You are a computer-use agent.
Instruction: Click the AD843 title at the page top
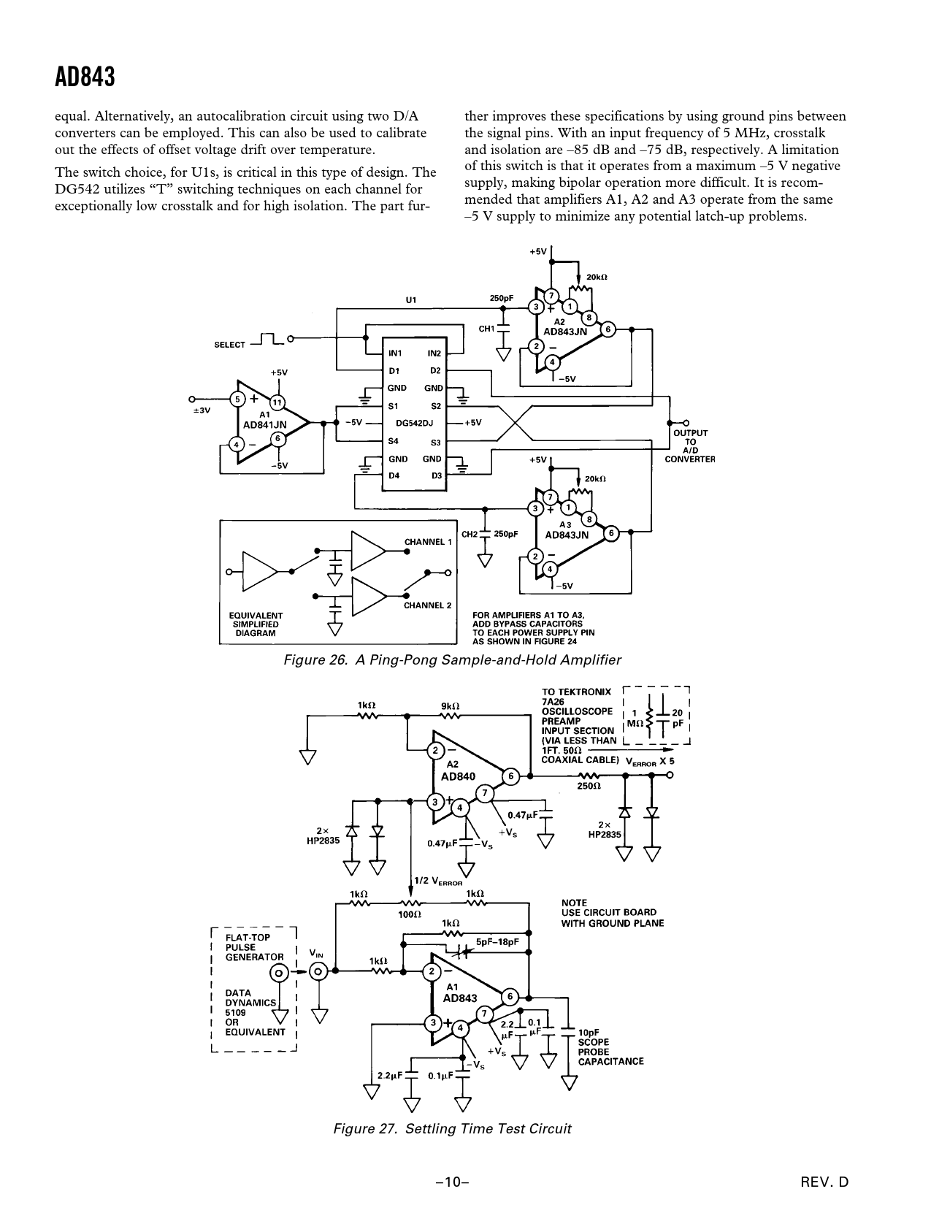(x=85, y=77)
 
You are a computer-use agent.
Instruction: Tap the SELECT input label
(x=229, y=344)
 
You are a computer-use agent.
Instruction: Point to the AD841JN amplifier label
(x=264, y=424)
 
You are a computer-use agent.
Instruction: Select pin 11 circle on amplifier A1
(x=277, y=402)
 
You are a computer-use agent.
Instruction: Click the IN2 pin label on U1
(x=434, y=353)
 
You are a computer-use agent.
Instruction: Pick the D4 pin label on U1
(x=394, y=476)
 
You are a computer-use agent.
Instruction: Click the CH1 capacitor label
(x=486, y=329)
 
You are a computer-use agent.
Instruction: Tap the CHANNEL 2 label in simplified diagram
(x=428, y=605)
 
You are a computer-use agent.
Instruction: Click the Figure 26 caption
(x=452, y=660)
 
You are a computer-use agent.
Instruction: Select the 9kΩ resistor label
(x=451, y=705)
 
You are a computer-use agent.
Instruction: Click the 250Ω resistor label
(x=589, y=787)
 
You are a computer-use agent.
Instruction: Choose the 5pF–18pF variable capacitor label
(x=498, y=942)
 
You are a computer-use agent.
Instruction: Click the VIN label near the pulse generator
(x=317, y=953)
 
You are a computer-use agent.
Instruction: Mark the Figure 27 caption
(x=452, y=1128)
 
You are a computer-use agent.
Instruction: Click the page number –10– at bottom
(x=452, y=1182)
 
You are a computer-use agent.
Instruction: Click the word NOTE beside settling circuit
(x=574, y=903)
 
